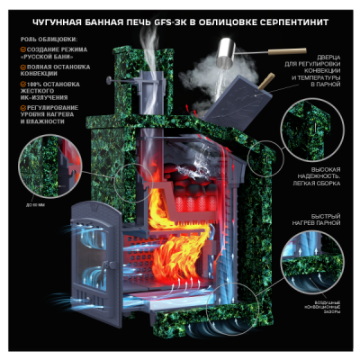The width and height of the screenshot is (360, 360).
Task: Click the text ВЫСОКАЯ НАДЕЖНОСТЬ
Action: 325,173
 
